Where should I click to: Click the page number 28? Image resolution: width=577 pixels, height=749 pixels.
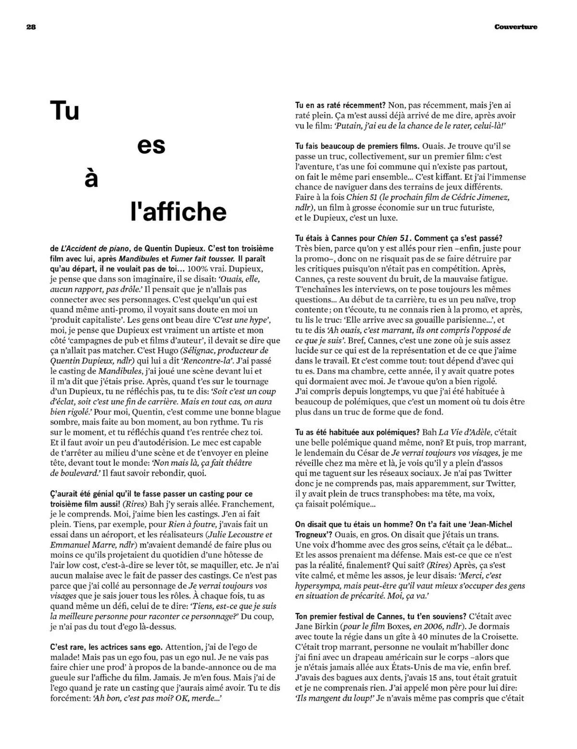coord(31,27)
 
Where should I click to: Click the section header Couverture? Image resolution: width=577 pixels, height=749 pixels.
coord(515,27)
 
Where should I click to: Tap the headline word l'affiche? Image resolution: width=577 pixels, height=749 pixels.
coord(178,212)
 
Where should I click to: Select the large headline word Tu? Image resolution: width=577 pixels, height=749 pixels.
coord(64,111)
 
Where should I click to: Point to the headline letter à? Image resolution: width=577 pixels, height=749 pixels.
coord(91,178)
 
